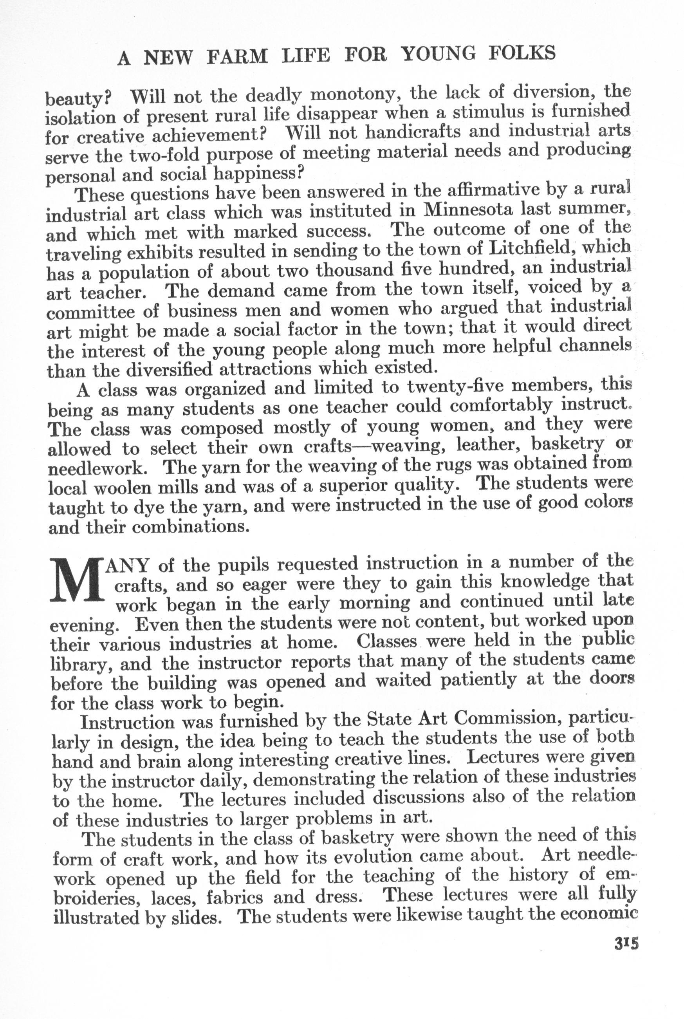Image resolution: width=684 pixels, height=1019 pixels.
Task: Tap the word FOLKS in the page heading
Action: coord(522,53)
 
